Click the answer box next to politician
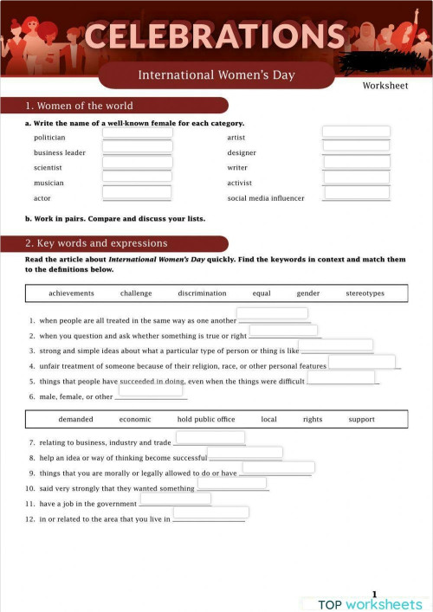137,133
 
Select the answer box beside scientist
137,162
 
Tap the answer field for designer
356,145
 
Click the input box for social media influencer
356,193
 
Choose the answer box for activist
356,177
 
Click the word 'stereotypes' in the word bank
365,293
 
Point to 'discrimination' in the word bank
202,293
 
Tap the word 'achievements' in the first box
71,293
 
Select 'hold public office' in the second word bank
206,419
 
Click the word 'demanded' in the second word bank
76,419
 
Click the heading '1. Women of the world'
80,106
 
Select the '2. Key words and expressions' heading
96,243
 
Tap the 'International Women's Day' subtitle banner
216,75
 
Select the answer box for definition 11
175,499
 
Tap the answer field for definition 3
336,345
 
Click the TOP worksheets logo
370,603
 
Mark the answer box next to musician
137,177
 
